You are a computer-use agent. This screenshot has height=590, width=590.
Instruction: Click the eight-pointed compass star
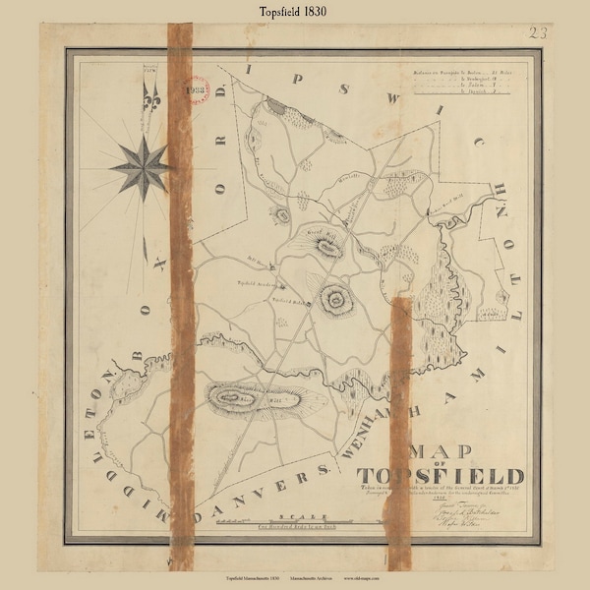141,167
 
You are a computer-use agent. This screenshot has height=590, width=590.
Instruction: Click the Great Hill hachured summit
325,244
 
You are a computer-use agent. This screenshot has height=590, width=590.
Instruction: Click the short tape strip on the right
400,433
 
